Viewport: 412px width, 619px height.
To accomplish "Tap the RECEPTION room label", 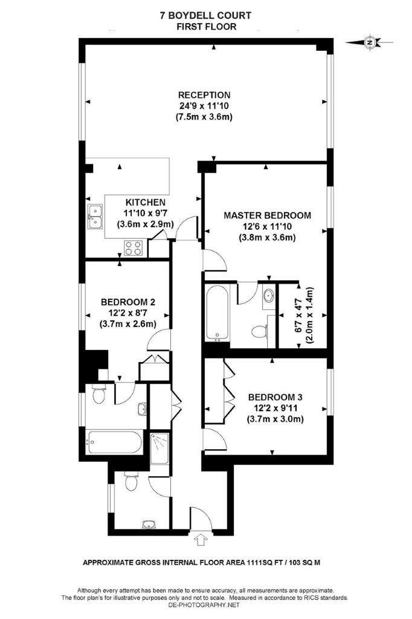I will click(x=204, y=95).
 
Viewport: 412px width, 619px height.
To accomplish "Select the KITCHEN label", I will click(x=145, y=203).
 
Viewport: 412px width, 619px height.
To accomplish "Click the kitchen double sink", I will click(x=95, y=217).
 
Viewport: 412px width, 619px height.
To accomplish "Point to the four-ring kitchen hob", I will click(x=133, y=247).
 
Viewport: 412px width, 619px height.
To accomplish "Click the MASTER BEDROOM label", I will click(x=267, y=215).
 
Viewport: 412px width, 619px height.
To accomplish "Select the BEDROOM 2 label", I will click(x=129, y=302).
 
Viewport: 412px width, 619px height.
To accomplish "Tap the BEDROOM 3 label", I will click(x=275, y=397).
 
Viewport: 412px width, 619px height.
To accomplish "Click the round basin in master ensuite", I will click(x=267, y=296).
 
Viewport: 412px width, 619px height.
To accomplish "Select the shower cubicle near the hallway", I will click(x=160, y=447).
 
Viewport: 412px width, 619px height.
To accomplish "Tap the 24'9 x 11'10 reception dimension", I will click(x=204, y=105).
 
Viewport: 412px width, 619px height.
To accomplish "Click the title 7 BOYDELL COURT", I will click(x=206, y=15).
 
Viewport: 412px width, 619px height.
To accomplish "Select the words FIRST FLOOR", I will click(x=206, y=26).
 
